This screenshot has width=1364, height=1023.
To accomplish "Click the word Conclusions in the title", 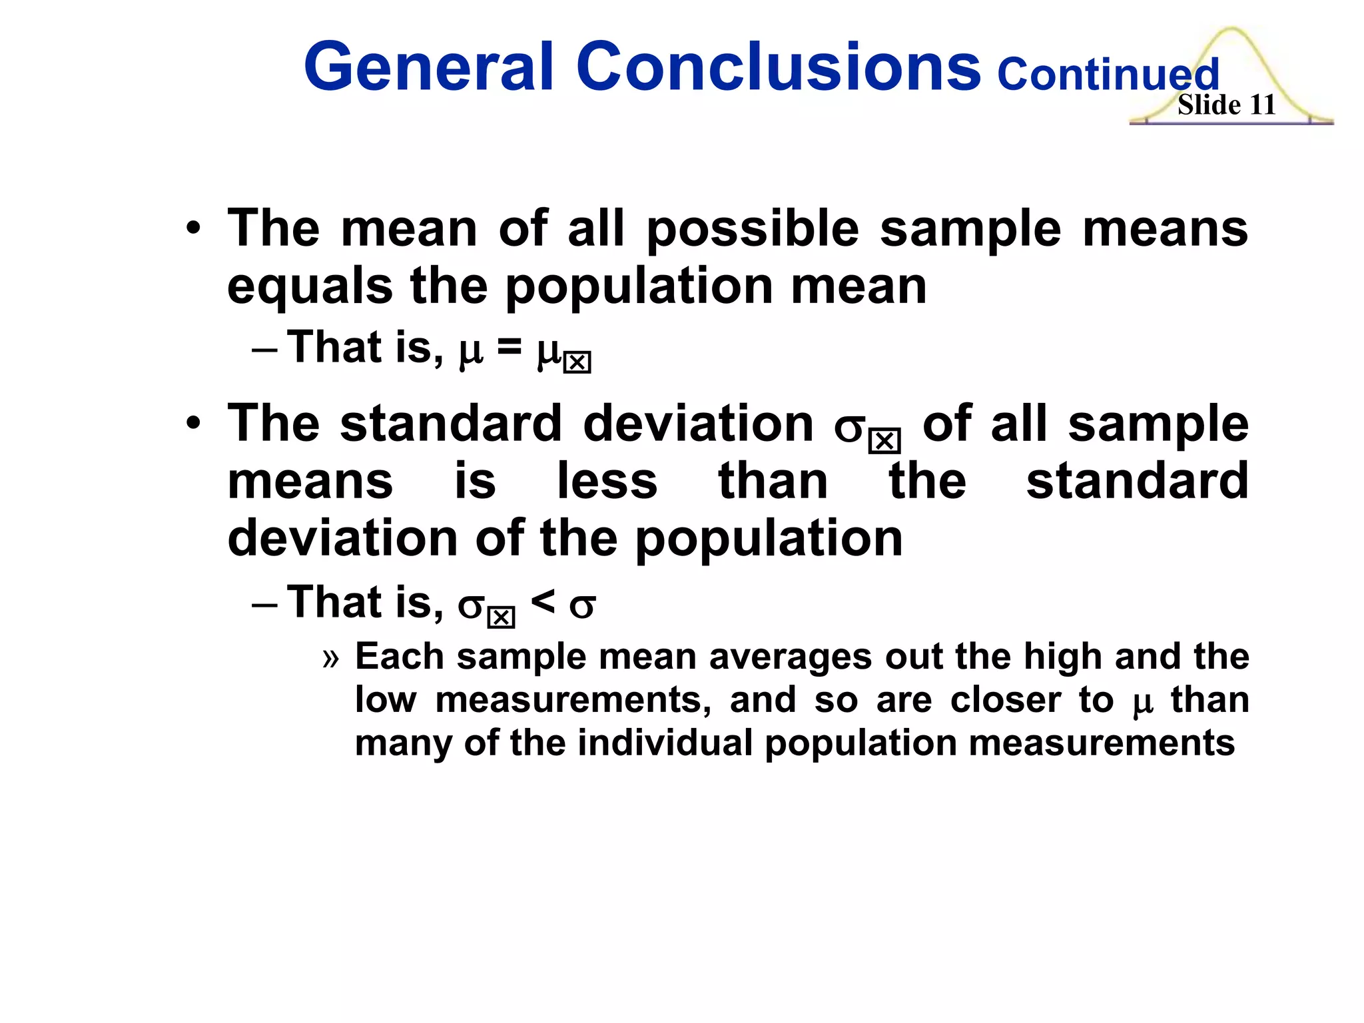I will [x=778, y=67].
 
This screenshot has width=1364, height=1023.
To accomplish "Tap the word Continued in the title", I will [x=1108, y=75].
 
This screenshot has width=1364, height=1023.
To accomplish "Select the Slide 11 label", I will [x=1226, y=105].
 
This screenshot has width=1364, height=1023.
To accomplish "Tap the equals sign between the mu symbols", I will [x=510, y=348].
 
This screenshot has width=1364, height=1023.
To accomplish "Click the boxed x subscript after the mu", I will [x=577, y=363].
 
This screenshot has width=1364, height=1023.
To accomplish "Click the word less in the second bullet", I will [x=607, y=481].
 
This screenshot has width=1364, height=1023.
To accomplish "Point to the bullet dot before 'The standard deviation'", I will [x=193, y=424].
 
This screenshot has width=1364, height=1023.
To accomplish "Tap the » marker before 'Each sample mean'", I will [x=331, y=658].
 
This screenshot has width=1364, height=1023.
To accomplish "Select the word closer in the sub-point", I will [x=1005, y=700].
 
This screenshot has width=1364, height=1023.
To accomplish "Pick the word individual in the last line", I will [x=665, y=743].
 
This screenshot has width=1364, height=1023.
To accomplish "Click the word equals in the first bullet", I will [x=310, y=288].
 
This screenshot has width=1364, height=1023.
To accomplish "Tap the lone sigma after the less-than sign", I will [x=582, y=606].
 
